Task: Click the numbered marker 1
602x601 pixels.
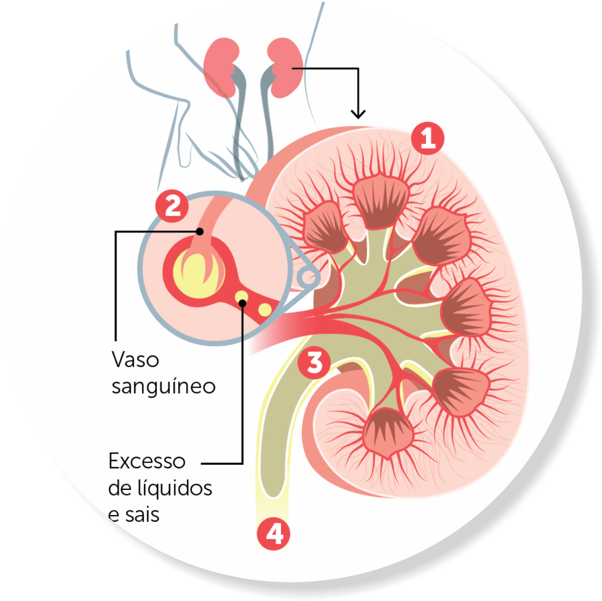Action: pyautogui.click(x=428, y=137)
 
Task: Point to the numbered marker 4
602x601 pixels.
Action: pyautogui.click(x=274, y=534)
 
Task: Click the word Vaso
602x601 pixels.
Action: pyautogui.click(x=135, y=360)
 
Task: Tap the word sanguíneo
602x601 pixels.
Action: pyautogui.click(x=163, y=386)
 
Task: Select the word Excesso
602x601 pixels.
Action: pyautogui.click(x=147, y=461)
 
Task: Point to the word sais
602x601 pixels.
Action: pyautogui.click(x=142, y=515)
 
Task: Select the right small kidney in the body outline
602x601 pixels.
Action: pyautogui.click(x=285, y=67)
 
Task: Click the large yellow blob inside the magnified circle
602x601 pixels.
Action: pyautogui.click(x=198, y=273)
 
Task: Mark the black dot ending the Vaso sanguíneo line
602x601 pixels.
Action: pyautogui.click(x=200, y=232)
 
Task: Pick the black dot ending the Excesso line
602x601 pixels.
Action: pyautogui.click(x=243, y=303)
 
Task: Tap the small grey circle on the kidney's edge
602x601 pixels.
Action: pyautogui.click(x=308, y=278)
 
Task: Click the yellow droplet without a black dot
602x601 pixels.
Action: pyautogui.click(x=264, y=309)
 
